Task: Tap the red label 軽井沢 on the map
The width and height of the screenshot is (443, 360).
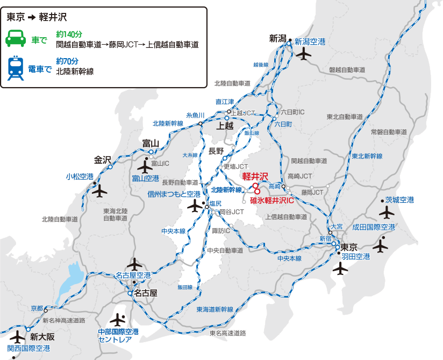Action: coord(255,176)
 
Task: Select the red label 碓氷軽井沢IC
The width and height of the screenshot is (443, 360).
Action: coord(273,200)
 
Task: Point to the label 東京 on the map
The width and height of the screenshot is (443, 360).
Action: coord(349,248)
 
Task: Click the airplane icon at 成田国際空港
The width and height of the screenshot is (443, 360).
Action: coord(380,246)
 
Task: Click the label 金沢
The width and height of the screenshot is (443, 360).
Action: coord(102,160)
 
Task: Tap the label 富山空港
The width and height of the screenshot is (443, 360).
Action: coord(146,178)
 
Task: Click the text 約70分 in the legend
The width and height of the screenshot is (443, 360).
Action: coord(67,61)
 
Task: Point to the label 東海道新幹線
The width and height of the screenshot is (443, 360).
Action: coord(215,309)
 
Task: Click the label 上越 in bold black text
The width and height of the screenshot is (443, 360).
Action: coord(225,126)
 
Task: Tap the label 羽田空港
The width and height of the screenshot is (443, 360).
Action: coord(356,257)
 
